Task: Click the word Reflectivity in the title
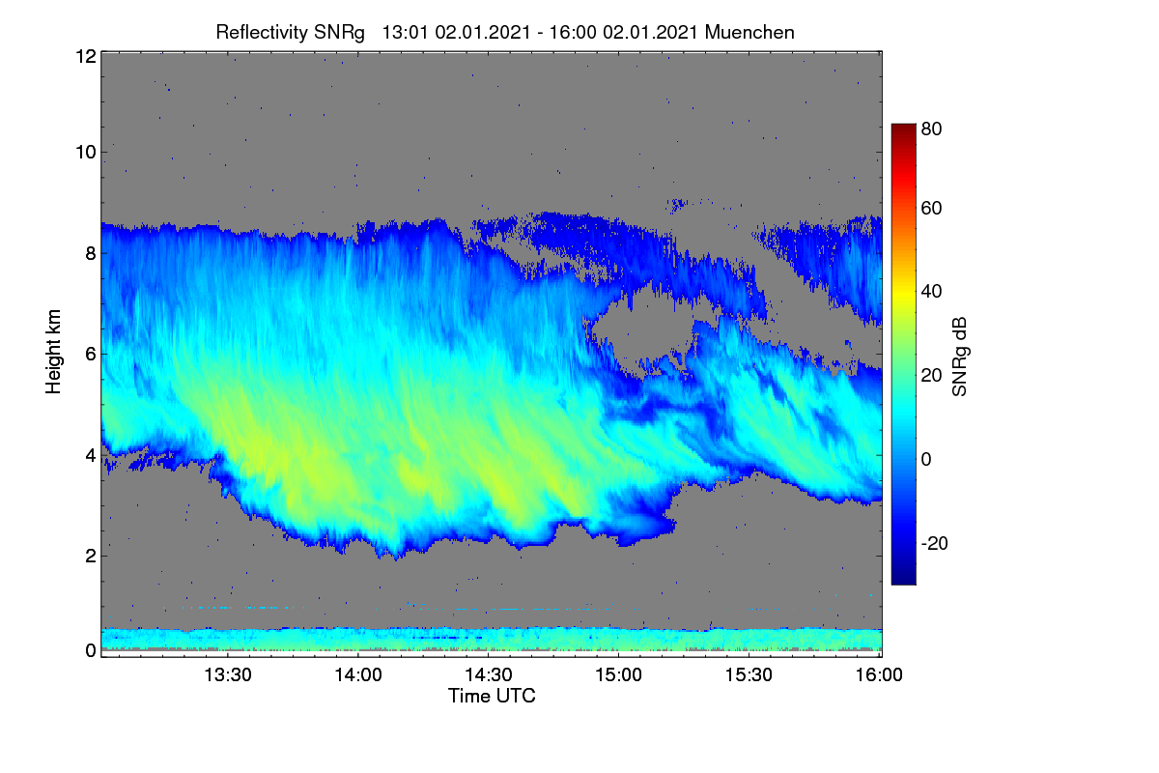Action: pos(262,33)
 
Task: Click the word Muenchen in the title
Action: pos(749,33)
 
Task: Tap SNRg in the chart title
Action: pos(339,33)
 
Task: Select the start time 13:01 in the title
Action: pos(405,33)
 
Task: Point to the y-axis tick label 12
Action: pos(86,56)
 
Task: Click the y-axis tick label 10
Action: pos(86,153)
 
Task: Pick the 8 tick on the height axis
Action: pos(91,253)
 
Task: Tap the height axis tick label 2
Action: pos(91,556)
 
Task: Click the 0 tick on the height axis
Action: pos(91,650)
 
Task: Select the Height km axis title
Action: pos(53,352)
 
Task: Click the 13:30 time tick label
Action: pos(228,675)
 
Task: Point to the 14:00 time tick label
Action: pos(358,675)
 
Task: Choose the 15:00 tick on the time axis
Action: pos(618,675)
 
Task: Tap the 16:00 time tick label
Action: pos(879,675)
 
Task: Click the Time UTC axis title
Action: pos(492,696)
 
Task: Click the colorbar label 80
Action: pos(931,129)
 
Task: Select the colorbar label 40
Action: pos(931,292)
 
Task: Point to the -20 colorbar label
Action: pos(935,543)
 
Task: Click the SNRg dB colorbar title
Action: pos(959,358)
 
